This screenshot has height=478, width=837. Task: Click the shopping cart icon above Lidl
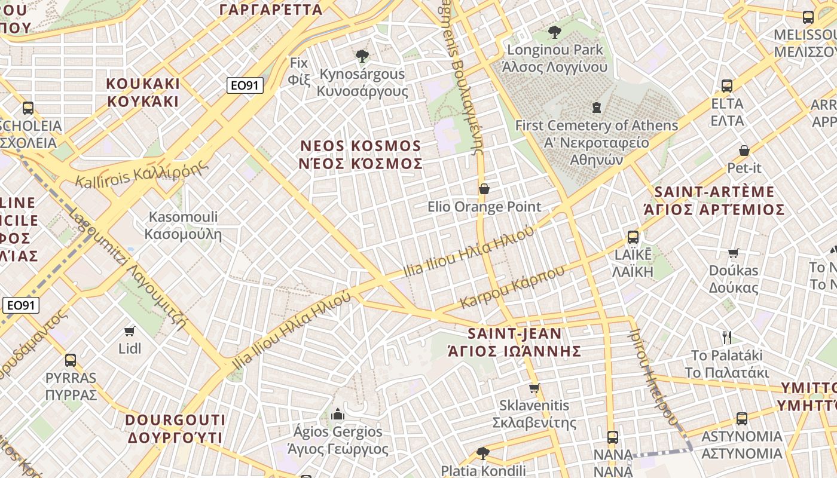pos(129,331)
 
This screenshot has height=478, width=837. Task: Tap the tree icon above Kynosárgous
pos(362,57)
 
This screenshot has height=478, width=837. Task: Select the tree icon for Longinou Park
pos(555,32)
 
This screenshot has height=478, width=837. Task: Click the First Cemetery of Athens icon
pos(596,108)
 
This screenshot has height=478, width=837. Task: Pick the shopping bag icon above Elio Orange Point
pos(484,189)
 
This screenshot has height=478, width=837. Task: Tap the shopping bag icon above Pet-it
pos(744,151)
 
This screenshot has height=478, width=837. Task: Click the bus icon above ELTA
pos(727,86)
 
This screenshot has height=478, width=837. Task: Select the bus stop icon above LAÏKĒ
pos(633,237)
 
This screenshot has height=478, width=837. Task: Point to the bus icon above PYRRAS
pos(71,360)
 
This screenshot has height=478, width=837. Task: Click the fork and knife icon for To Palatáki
pos(727,338)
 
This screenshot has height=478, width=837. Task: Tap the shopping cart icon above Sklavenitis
pos(534,388)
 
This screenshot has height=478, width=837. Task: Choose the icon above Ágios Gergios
pos(338,414)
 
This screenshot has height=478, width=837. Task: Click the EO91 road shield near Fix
pos(245,85)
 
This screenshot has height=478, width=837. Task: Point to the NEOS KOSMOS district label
pos(361,155)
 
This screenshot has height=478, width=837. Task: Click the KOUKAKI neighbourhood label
pos(143,92)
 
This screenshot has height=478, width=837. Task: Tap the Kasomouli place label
pos(183,225)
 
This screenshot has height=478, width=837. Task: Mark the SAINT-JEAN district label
pos(515,342)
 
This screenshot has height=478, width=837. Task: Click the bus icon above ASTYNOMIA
pos(742,419)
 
